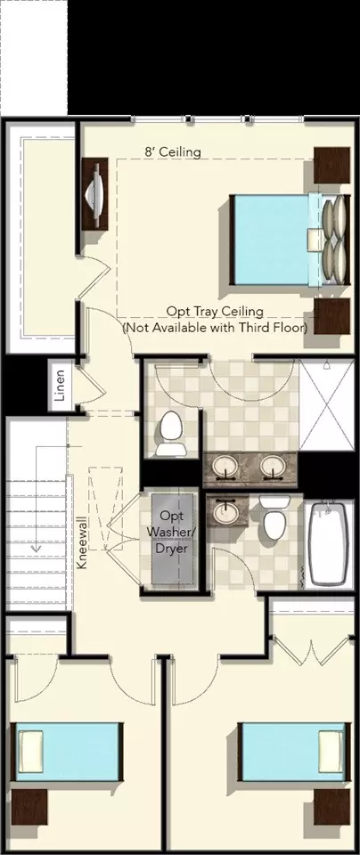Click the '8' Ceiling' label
coord(172,151)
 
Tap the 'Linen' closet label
coord(60,386)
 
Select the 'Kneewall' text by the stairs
coord(82,543)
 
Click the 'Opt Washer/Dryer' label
coord(172,532)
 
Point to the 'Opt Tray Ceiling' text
coord(215,312)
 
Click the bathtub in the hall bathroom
coord(328,543)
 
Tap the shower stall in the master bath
coord(327,404)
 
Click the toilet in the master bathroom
coord(170,434)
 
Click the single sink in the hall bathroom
coord(225,511)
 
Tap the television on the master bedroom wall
coord(95,194)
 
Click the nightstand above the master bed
coord(331,165)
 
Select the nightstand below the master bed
coord(331,316)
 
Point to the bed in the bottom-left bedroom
coord(67,752)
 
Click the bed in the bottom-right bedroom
coord(293,752)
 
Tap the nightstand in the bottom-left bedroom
coord(29,807)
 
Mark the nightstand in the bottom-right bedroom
coord(331,807)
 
